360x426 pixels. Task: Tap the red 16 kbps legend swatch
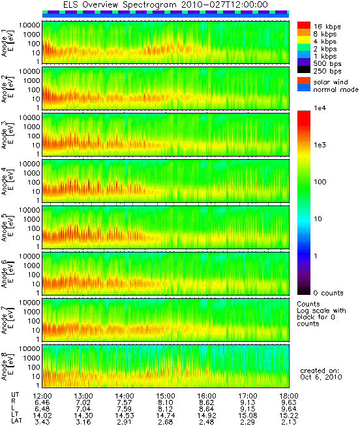[x=304, y=25]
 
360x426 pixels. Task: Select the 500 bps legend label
[x=327, y=64]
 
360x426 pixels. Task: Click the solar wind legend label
[x=331, y=82]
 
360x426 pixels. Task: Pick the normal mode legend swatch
[x=304, y=88]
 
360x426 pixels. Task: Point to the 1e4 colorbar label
[x=320, y=108]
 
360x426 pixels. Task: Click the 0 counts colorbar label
[x=328, y=293]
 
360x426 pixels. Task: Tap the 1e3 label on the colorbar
[x=320, y=145]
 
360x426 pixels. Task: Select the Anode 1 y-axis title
[x=7, y=42]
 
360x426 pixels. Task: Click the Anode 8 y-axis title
[x=7, y=366]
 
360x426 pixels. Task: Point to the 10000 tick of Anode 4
[x=29, y=164]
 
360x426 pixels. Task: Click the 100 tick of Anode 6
[x=34, y=275]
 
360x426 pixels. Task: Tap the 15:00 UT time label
[x=166, y=396]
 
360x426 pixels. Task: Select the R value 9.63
[x=289, y=403]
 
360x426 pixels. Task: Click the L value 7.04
[x=83, y=409]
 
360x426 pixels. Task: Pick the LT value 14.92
[x=207, y=416]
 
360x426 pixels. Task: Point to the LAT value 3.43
[x=42, y=422]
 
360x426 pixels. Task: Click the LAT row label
[x=16, y=421]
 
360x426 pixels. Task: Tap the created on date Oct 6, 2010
[x=321, y=377]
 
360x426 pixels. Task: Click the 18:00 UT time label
[x=289, y=396]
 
